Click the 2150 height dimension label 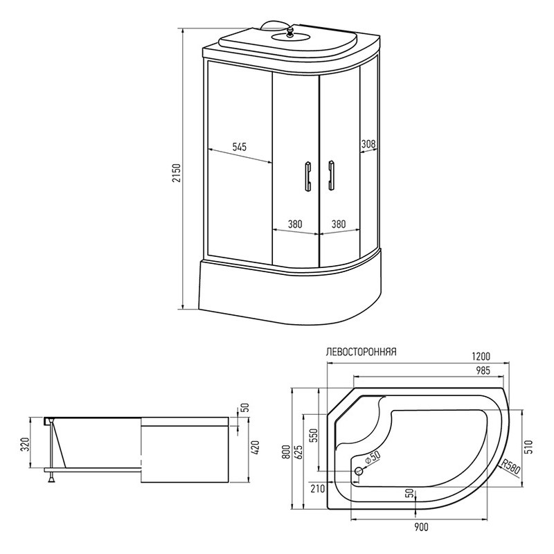178,172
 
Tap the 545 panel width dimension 239,147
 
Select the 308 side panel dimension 368,144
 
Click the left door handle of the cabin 308,177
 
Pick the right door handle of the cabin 331,176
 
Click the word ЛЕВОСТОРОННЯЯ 361,352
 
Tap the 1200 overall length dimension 481,356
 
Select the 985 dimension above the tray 483,370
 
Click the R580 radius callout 510,467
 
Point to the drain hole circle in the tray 358,471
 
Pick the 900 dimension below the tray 421,527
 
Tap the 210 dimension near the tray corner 318,489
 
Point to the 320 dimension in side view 25,444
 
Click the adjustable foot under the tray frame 51,477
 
